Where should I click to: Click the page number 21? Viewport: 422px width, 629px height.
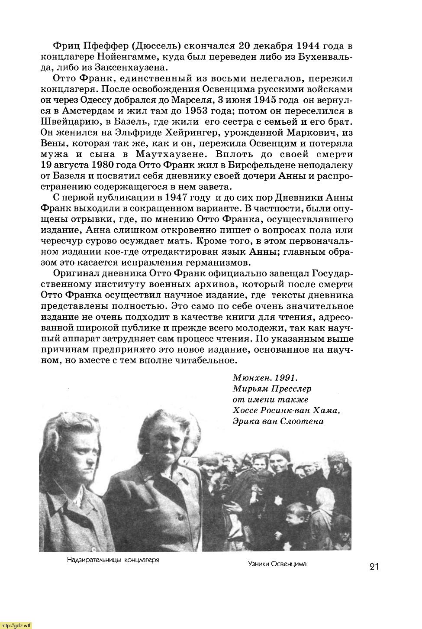[x=374, y=567]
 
